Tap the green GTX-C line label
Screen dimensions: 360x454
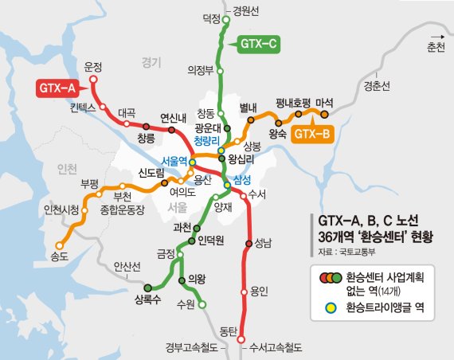[256, 44]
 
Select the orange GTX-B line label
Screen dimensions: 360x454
[312, 135]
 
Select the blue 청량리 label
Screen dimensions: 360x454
[209, 139]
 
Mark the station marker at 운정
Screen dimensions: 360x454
[93, 80]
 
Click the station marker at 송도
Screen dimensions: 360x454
[58, 245]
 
